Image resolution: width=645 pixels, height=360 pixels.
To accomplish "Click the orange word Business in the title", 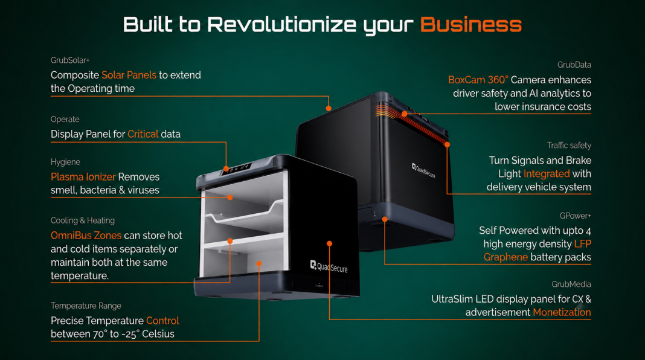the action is click(x=471, y=24).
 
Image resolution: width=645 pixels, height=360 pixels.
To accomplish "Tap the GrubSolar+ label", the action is click(x=70, y=60).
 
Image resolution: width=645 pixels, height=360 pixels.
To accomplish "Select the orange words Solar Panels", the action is click(x=129, y=75).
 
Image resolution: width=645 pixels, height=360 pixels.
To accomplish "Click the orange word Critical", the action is click(x=143, y=134).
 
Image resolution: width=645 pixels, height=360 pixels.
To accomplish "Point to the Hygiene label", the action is click(x=65, y=162).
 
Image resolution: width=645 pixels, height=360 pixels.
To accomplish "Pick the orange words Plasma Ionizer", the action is click(x=83, y=177).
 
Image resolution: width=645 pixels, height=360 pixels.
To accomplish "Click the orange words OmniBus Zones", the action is click(x=86, y=236).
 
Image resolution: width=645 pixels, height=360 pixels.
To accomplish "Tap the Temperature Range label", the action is click(x=86, y=306).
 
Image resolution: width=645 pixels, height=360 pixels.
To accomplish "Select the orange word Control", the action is click(x=162, y=321).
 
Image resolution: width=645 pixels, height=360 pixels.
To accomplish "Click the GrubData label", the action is click(x=574, y=65).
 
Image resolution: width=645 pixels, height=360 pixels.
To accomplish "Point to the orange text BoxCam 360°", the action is click(x=478, y=80).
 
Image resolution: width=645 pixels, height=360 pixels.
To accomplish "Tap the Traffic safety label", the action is click(x=569, y=145).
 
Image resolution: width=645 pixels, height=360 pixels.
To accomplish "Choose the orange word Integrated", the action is click(x=547, y=173).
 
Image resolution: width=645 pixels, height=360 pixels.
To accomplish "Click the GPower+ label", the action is click(x=575, y=216).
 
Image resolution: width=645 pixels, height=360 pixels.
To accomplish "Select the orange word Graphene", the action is click(x=505, y=257).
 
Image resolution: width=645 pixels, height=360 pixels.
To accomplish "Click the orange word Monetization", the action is click(x=562, y=312).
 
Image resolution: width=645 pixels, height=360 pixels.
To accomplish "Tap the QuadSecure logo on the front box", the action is click(x=329, y=266).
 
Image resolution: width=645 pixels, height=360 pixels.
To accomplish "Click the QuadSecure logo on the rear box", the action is click(x=423, y=170).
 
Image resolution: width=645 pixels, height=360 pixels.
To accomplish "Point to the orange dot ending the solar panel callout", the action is click(x=329, y=108).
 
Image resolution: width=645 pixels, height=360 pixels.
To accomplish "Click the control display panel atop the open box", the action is click(x=237, y=169).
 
